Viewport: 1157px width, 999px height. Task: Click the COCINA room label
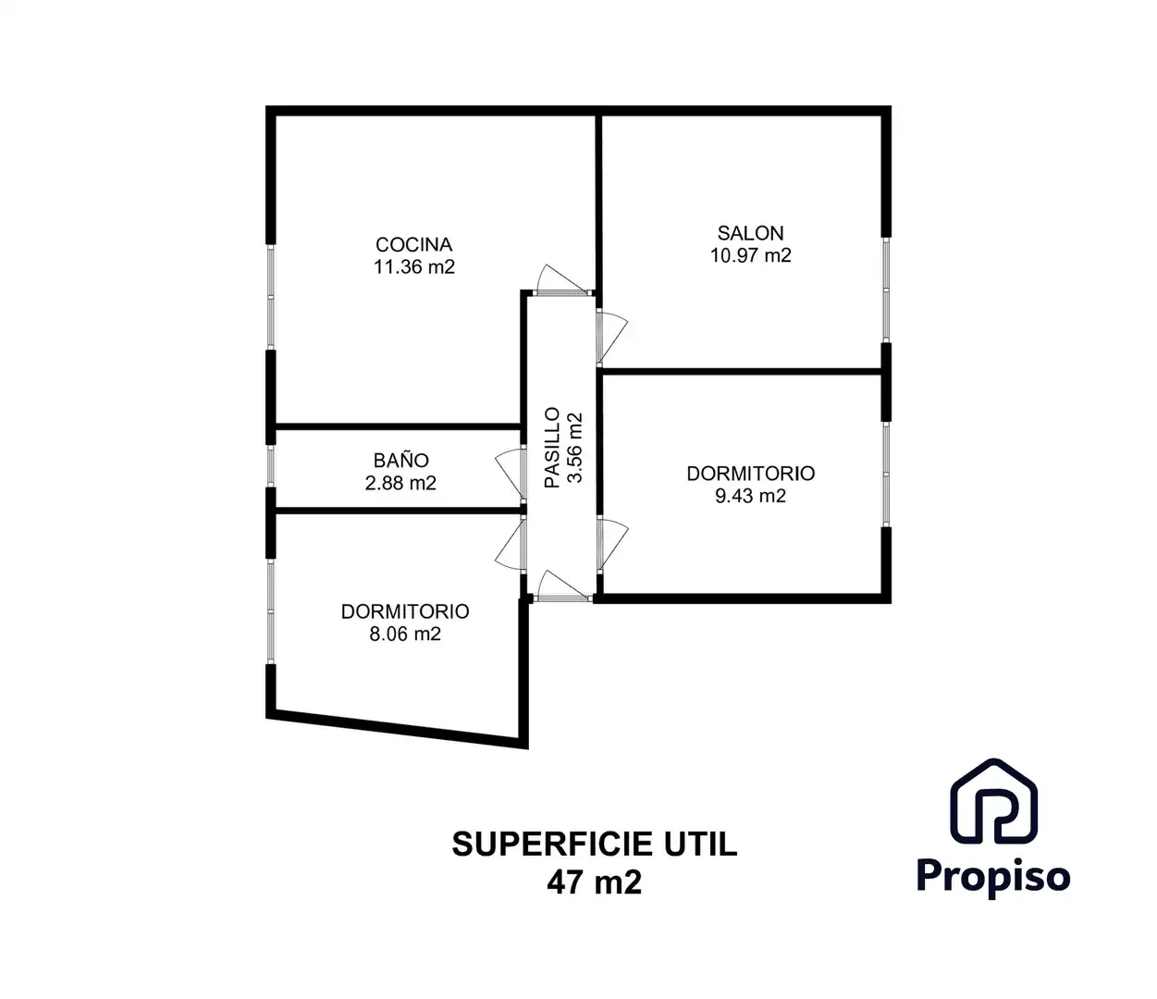click(413, 244)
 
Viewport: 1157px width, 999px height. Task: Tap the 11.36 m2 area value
click(413, 267)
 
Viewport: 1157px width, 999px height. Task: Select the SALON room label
click(750, 233)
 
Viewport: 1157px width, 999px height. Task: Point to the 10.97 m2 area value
click(750, 256)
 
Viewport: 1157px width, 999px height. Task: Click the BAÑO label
click(400, 460)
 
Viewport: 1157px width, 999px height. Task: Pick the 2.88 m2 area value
click(400, 483)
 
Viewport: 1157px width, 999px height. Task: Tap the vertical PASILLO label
click(552, 448)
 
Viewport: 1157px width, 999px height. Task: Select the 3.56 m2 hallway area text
click(575, 448)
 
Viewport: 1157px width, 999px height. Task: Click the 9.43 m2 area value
click(750, 496)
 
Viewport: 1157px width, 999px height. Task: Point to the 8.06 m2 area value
click(404, 634)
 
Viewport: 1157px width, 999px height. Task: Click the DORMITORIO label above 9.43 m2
click(750, 474)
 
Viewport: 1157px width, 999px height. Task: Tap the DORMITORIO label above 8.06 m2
click(404, 611)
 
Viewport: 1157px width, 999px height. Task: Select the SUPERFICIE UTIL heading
click(594, 844)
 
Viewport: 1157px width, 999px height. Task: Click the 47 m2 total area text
click(594, 882)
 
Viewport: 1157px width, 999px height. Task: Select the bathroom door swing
click(510, 472)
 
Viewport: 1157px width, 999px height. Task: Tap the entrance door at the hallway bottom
click(560, 586)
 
